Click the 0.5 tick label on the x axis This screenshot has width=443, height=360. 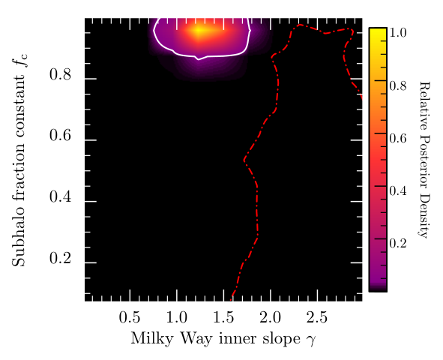(x=130, y=317)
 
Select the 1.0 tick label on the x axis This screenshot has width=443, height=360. (x=177, y=317)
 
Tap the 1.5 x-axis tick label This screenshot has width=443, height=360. (x=223, y=317)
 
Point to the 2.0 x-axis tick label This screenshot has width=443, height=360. (x=271, y=317)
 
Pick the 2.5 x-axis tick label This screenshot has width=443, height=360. (x=317, y=317)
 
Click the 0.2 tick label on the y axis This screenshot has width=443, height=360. (x=60, y=258)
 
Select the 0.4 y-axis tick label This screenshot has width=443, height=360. (x=60, y=196)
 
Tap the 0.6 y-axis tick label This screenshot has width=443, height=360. (x=60, y=135)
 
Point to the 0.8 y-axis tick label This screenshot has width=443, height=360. (x=60, y=74)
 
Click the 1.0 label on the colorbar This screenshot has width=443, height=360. (x=398, y=33)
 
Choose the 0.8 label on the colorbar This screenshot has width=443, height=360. (x=398, y=85)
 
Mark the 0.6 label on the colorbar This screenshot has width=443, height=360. (x=398, y=138)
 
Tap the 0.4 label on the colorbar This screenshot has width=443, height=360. (x=398, y=190)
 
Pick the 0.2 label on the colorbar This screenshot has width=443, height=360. (x=398, y=243)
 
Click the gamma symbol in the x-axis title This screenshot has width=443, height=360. (x=310, y=340)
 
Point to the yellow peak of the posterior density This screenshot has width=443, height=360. (x=199, y=31)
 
